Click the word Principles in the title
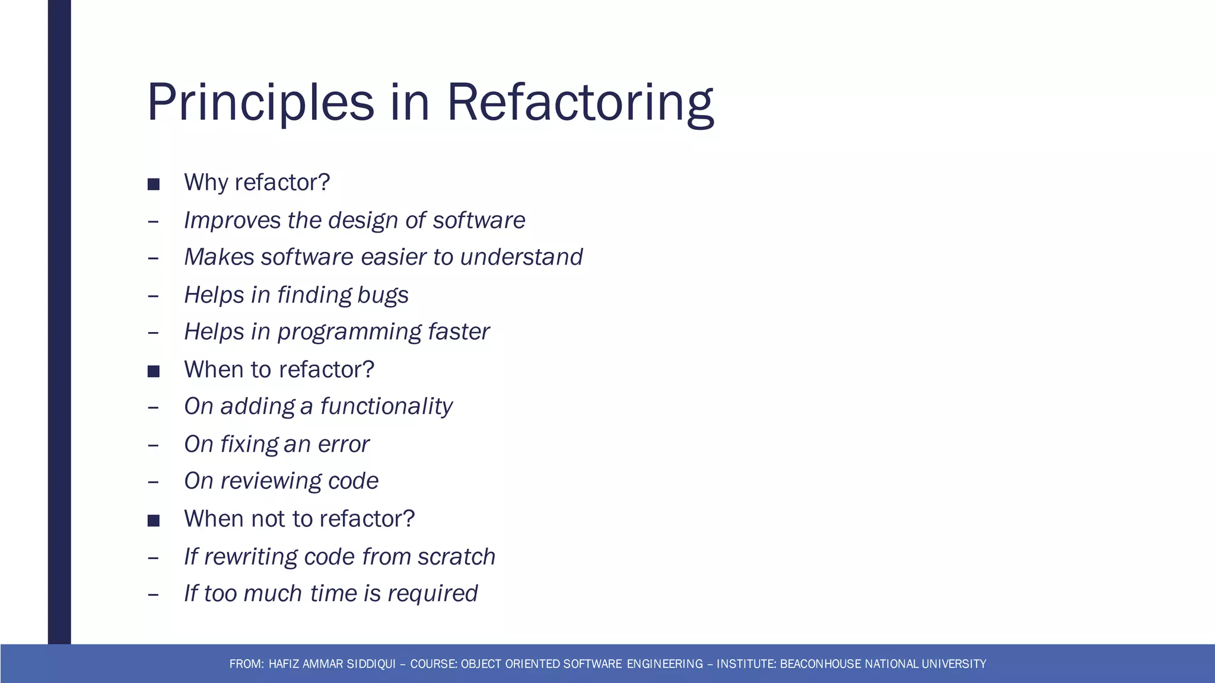(260, 103)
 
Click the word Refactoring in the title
(580, 103)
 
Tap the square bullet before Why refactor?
(154, 184)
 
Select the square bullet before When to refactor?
(154, 372)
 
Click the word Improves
(232, 221)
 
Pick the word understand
(521, 257)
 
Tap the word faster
(458, 332)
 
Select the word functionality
(386, 407)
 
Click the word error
(343, 445)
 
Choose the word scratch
(456, 557)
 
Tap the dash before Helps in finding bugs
(153, 295)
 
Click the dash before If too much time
(153, 594)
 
